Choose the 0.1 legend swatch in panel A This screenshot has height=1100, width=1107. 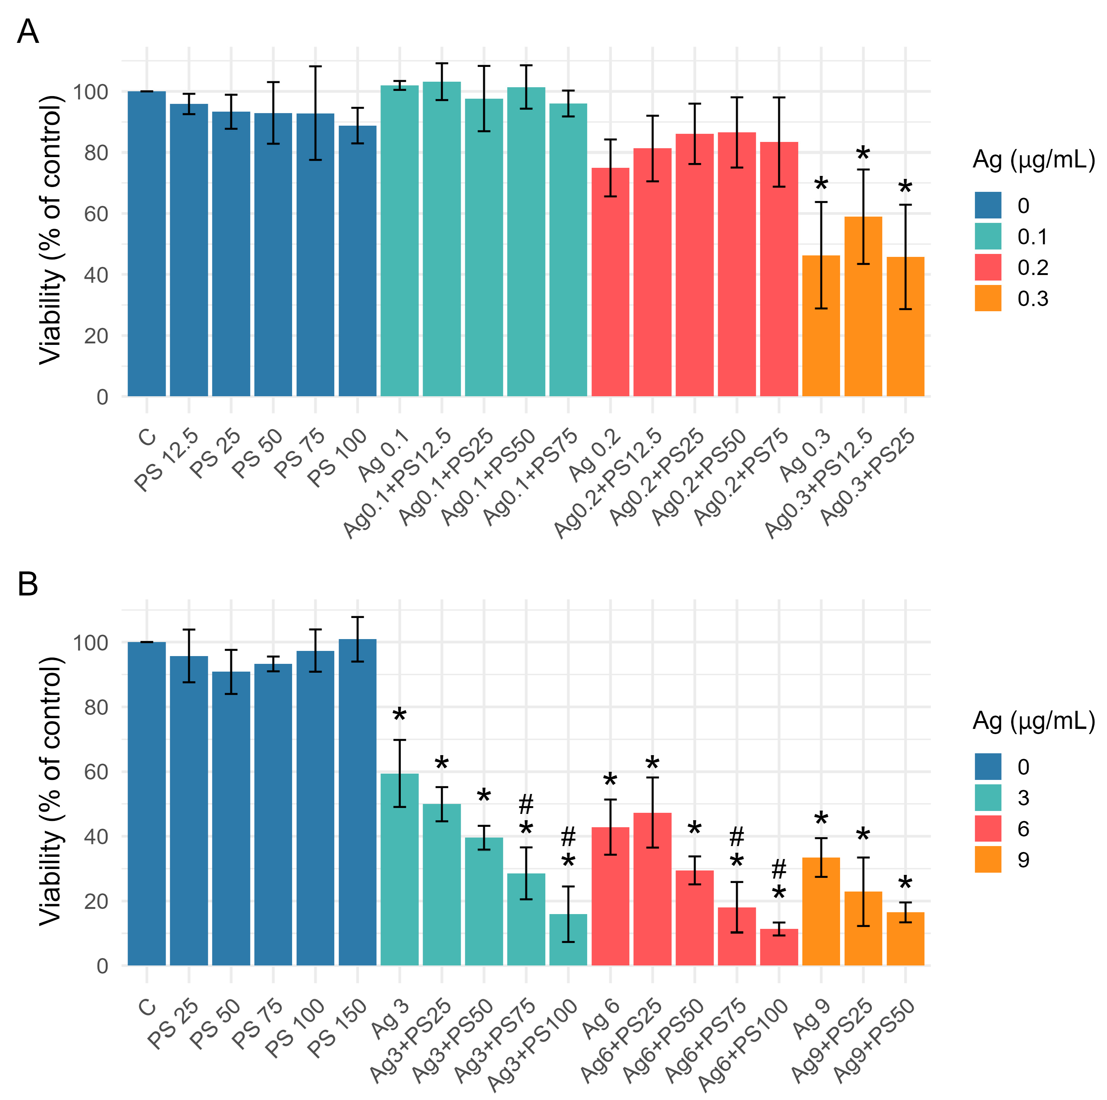[x=988, y=236]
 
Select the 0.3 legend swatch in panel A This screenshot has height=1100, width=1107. [x=988, y=298]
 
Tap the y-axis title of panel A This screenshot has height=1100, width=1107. [x=50, y=229]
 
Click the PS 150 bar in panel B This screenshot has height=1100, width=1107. [x=358, y=802]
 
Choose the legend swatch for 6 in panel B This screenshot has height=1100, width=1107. [x=988, y=828]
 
